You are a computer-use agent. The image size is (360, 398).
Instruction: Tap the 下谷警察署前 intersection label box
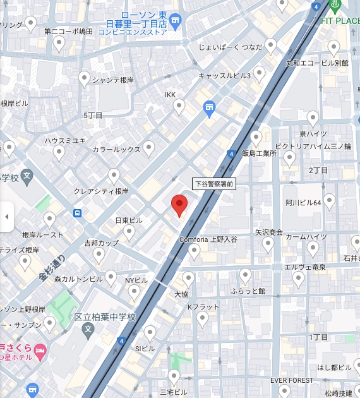click(x=213, y=184)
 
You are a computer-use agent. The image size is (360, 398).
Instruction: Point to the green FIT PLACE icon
click(x=335, y=6)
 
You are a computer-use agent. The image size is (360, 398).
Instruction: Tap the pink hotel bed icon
click(x=40, y=349)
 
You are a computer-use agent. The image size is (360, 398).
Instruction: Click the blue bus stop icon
click(x=77, y=214)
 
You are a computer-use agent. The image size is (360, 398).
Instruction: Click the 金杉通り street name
click(x=51, y=268)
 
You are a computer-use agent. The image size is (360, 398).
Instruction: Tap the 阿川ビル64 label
click(x=303, y=203)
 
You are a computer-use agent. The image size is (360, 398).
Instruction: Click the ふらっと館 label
click(x=248, y=291)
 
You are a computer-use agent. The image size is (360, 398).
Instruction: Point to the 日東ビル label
click(x=129, y=220)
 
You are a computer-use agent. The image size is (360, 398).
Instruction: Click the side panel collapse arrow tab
click(x=6, y=217)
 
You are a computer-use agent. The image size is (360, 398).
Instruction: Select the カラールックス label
click(x=116, y=150)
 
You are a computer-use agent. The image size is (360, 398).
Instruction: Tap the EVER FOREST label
click(x=292, y=380)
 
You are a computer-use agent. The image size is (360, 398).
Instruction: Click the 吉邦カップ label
click(x=101, y=243)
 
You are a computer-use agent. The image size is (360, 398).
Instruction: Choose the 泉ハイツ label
click(x=313, y=133)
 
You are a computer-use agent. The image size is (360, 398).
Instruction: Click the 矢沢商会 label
click(x=268, y=232)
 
